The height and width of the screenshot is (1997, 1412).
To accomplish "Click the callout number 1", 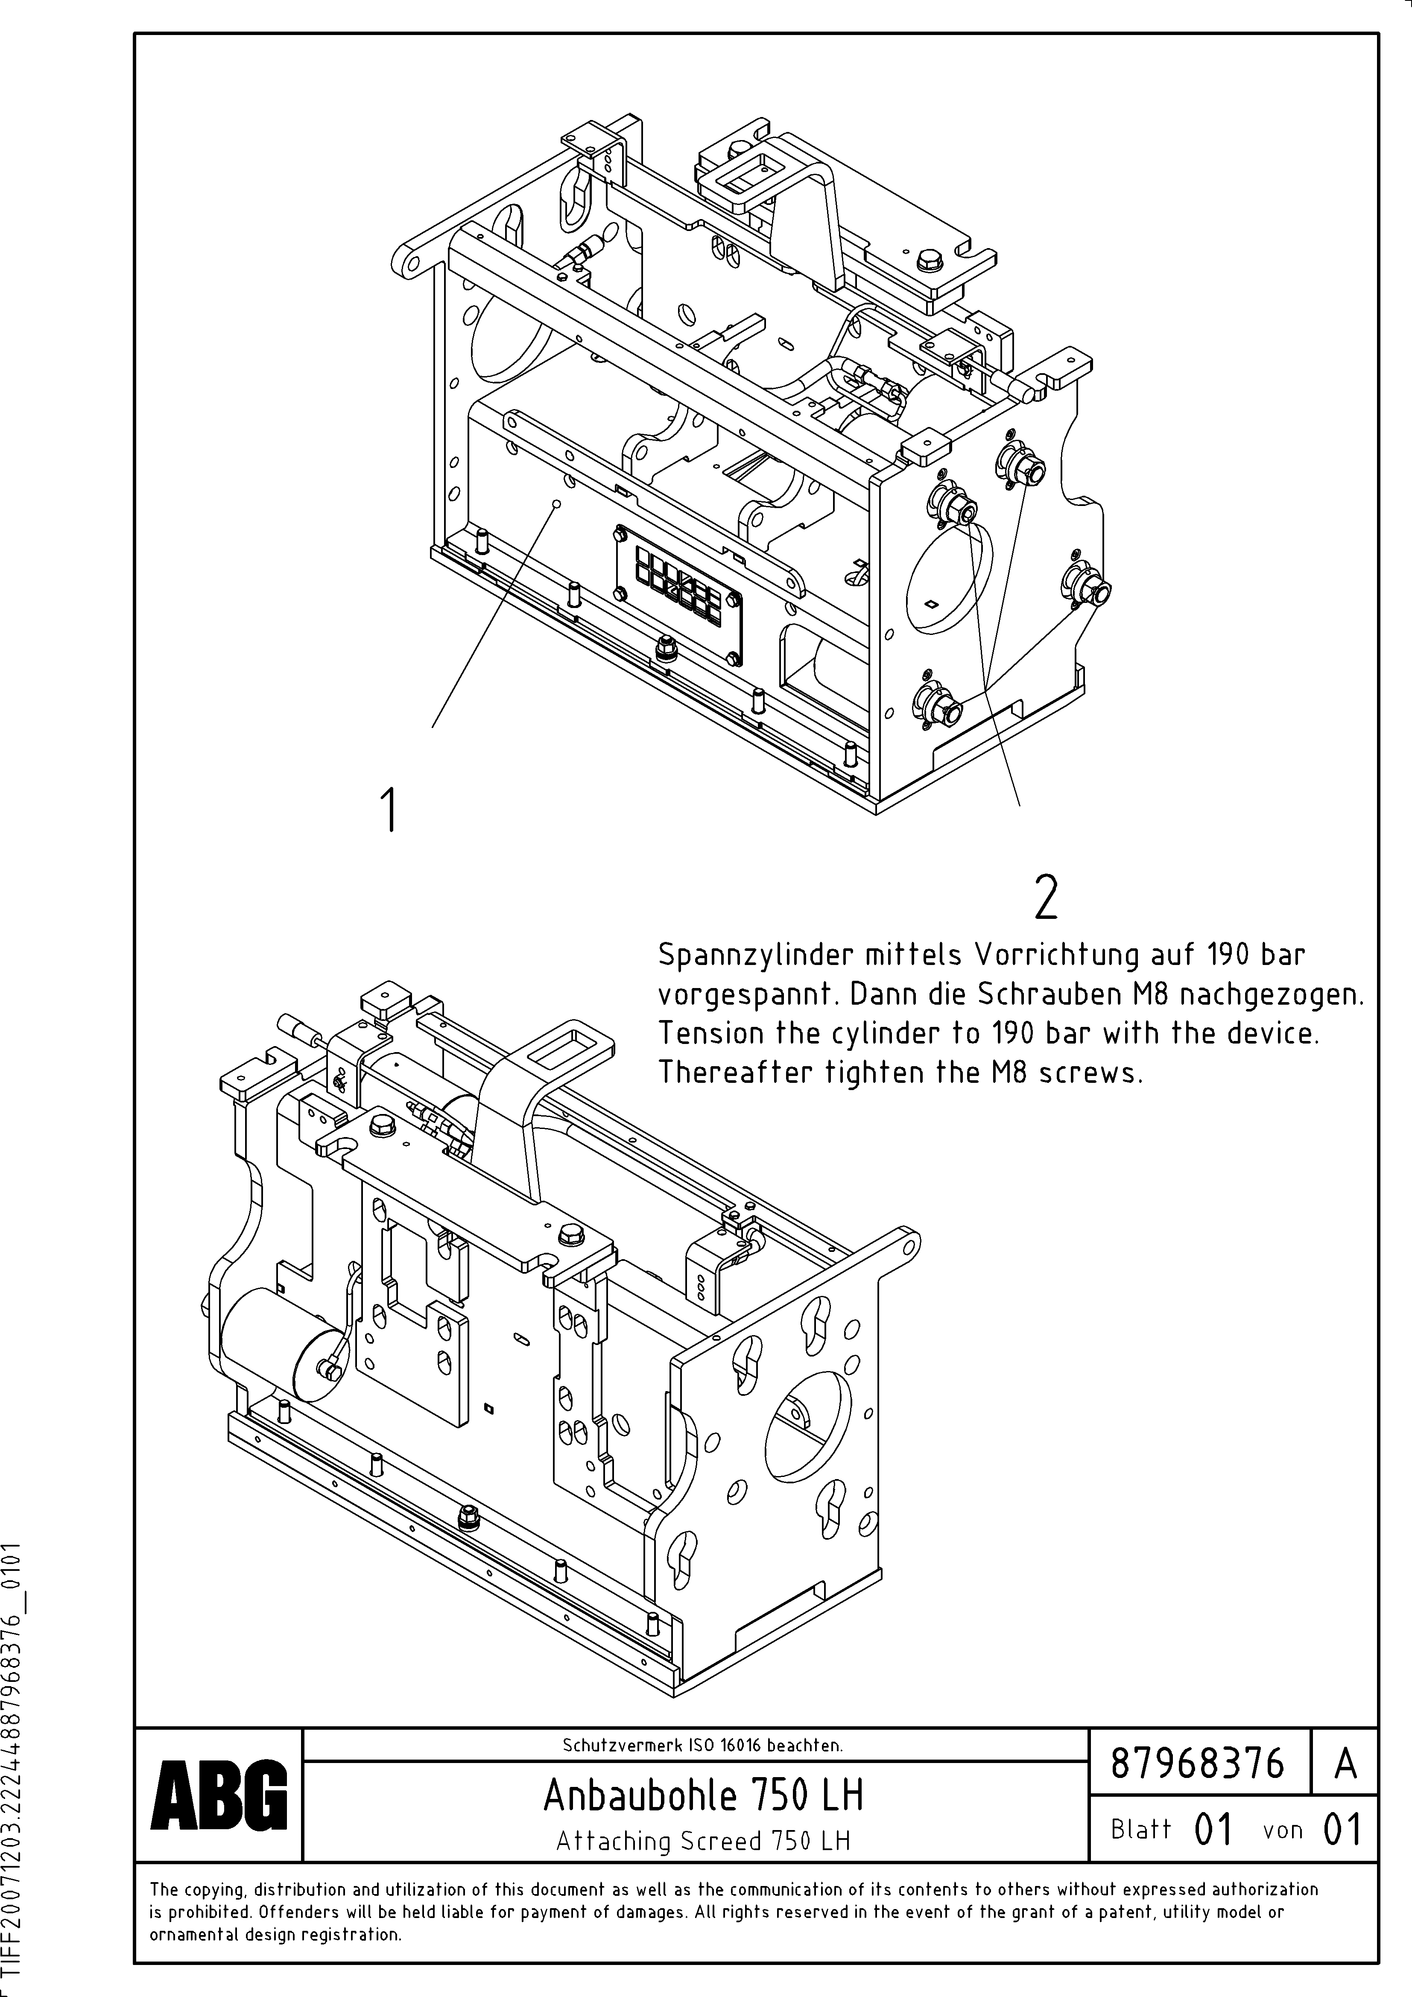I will [391, 809].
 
